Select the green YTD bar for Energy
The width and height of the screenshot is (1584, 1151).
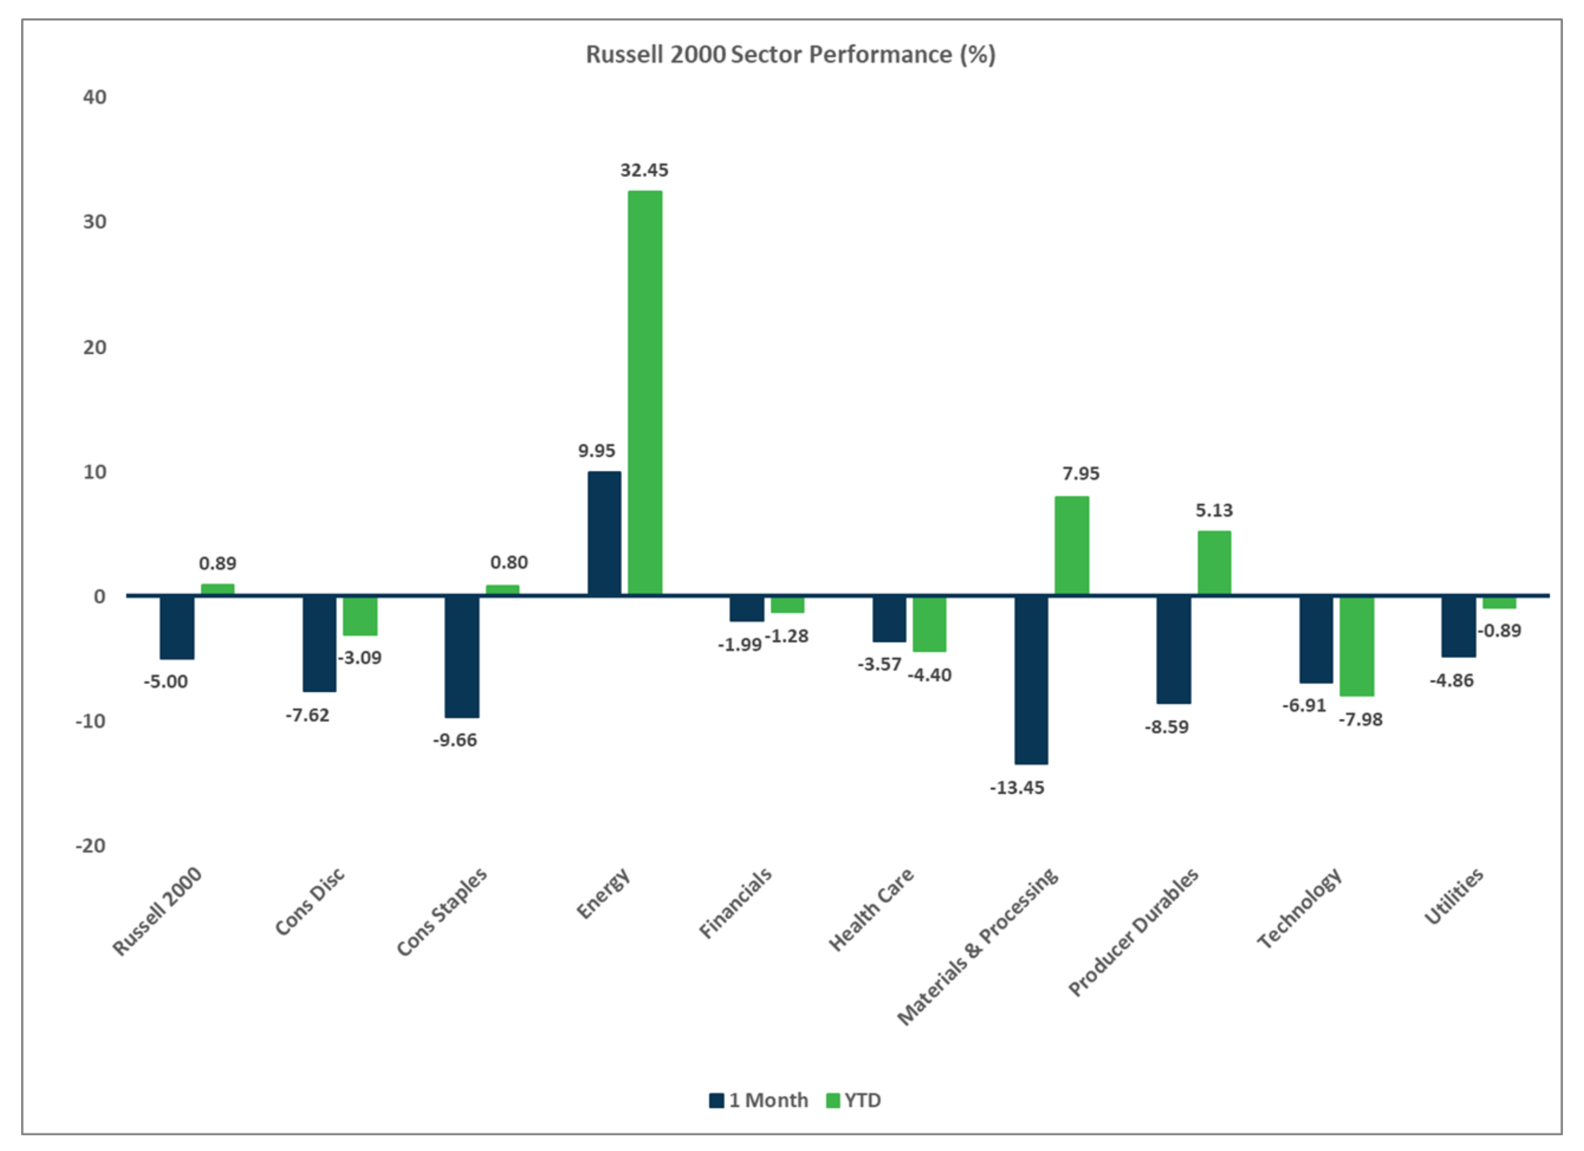tap(644, 392)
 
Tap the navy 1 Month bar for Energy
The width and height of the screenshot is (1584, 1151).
tap(604, 533)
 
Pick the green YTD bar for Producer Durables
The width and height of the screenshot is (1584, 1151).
tap(1214, 563)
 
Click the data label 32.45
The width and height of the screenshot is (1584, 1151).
tap(644, 170)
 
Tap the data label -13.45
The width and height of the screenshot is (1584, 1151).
tap(1017, 788)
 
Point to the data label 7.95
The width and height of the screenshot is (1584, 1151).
tap(1080, 474)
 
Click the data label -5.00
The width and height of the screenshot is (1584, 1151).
tap(166, 682)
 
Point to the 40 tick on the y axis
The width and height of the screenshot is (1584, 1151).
tap(95, 97)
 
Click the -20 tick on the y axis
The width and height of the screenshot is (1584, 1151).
tap(91, 846)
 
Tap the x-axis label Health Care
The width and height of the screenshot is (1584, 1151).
tap(871, 910)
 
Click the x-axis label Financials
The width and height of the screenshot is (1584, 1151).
tap(736, 903)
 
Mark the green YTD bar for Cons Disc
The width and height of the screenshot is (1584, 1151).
tap(360, 616)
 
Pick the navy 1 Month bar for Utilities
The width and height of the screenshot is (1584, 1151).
tap(1458, 626)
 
